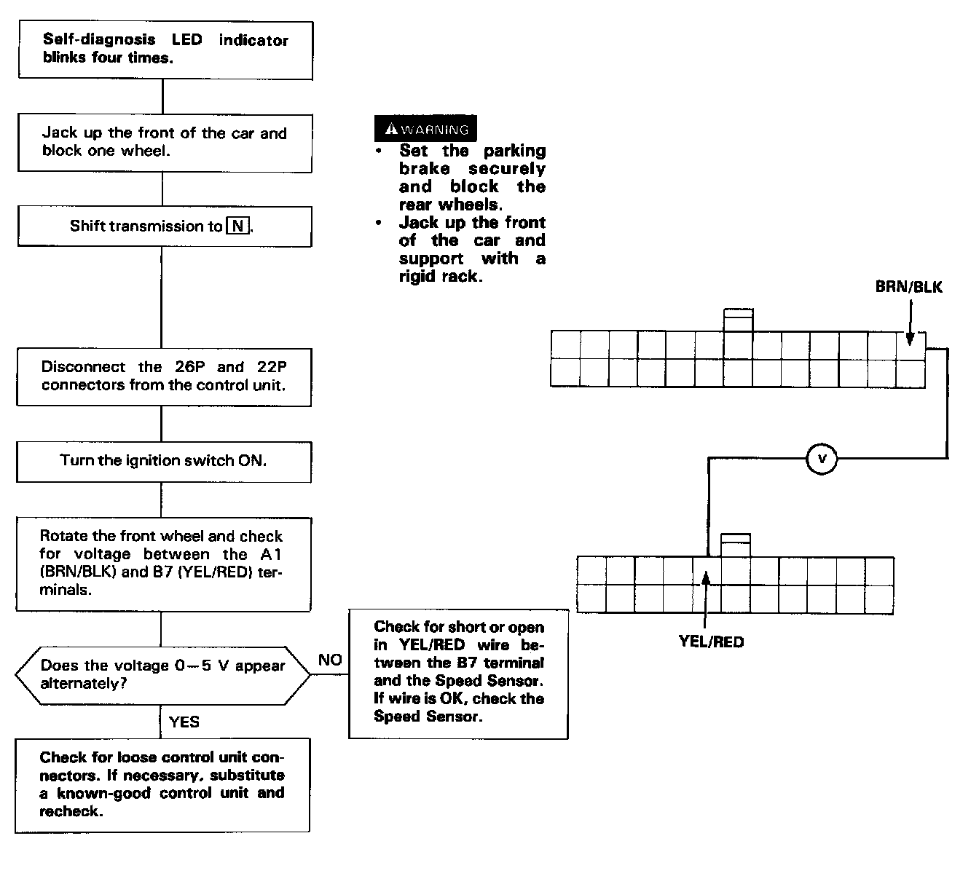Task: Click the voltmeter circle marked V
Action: tap(822, 459)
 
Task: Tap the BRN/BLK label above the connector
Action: tap(908, 287)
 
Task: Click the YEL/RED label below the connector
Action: tap(711, 642)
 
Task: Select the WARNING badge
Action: tap(425, 129)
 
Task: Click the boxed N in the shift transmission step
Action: tap(237, 226)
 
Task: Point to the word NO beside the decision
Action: tap(330, 660)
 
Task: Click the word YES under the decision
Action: tap(184, 722)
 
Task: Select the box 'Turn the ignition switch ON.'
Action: tap(163, 461)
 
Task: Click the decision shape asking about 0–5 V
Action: tap(162, 674)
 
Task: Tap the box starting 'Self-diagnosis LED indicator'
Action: tap(165, 50)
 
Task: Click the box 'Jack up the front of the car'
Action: tap(165, 142)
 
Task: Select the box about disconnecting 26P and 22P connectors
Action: tap(164, 376)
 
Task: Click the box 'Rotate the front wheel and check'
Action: tap(164, 564)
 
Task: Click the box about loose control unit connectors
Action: tap(162, 785)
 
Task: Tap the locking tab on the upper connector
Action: tap(738, 320)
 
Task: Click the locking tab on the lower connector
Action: tap(735, 545)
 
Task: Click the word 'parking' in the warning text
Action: tap(514, 151)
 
